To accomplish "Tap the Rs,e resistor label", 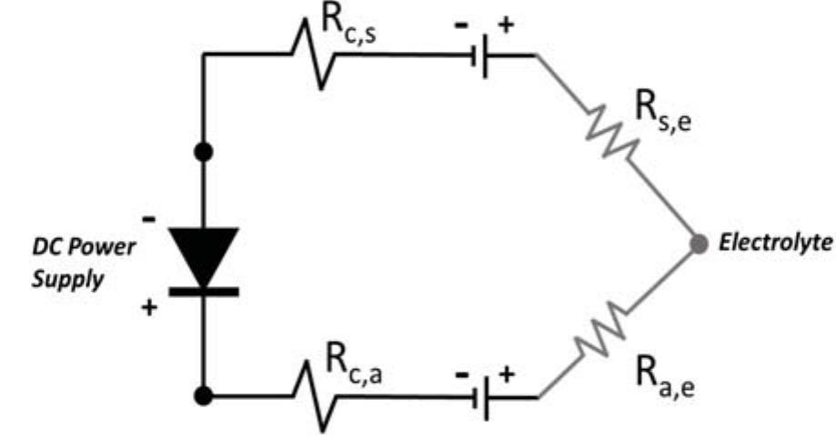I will click(x=660, y=116).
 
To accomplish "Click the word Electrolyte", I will click(x=773, y=244).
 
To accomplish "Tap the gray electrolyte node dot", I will click(x=699, y=244).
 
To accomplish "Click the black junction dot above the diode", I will click(x=204, y=152).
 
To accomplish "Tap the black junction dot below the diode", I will click(x=204, y=395).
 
